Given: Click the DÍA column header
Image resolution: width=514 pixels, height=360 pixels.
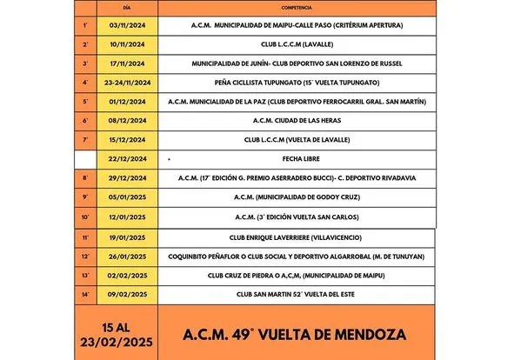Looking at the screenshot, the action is point(128,7).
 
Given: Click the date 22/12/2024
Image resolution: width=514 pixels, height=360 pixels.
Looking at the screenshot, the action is point(128,159).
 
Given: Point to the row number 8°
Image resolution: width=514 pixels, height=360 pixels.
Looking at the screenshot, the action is point(85,177).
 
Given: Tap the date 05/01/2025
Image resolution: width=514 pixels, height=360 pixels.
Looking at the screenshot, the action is point(128,197).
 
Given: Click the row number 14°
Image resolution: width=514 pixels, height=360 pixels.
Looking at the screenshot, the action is point(85,294).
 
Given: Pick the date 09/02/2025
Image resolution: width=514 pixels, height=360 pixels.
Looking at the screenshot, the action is point(128,294).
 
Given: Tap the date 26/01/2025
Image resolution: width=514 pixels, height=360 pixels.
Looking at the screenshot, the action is point(128,257).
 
